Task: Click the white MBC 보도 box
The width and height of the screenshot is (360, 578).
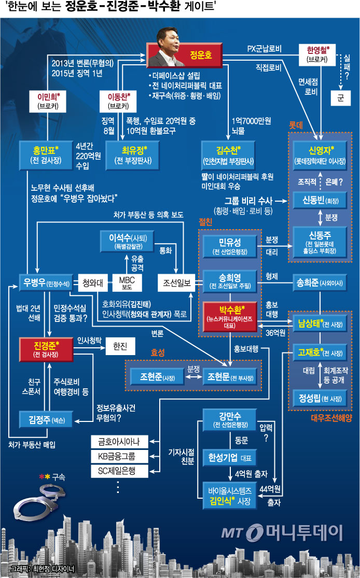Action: (x=127, y=283)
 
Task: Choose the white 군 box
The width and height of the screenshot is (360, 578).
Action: (x=340, y=97)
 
